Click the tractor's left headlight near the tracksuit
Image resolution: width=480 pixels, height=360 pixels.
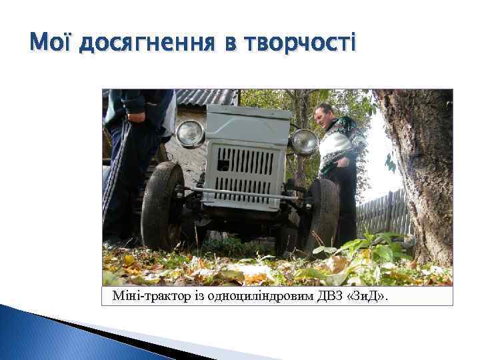point(191,133)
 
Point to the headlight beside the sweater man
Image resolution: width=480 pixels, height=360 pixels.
point(305,141)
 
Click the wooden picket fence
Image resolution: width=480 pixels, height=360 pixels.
point(384,213)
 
